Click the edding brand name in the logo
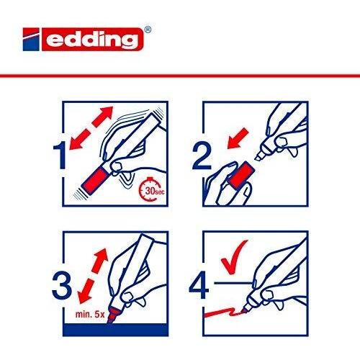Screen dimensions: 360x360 [x=92, y=40]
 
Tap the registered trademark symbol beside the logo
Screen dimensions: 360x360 [x=148, y=30]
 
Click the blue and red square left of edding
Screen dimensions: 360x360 [x=31, y=40]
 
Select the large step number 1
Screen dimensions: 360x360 [x=60, y=156]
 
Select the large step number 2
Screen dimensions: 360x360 [x=202, y=156]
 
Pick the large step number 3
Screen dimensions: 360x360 [x=62, y=285]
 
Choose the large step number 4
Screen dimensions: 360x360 [x=199, y=285]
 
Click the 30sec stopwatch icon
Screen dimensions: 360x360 [x=150, y=189]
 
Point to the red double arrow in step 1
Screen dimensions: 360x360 [x=91, y=128]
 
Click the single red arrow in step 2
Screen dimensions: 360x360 [x=238, y=138]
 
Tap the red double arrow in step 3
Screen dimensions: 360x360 [x=93, y=276]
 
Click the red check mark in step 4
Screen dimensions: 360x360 [x=233, y=258]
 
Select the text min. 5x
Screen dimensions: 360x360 [x=90, y=315]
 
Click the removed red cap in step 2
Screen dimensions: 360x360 [x=241, y=174]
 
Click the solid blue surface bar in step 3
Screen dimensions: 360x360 [x=115, y=330]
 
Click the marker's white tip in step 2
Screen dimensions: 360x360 [x=260, y=156]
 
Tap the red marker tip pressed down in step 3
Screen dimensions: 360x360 [x=112, y=315]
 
